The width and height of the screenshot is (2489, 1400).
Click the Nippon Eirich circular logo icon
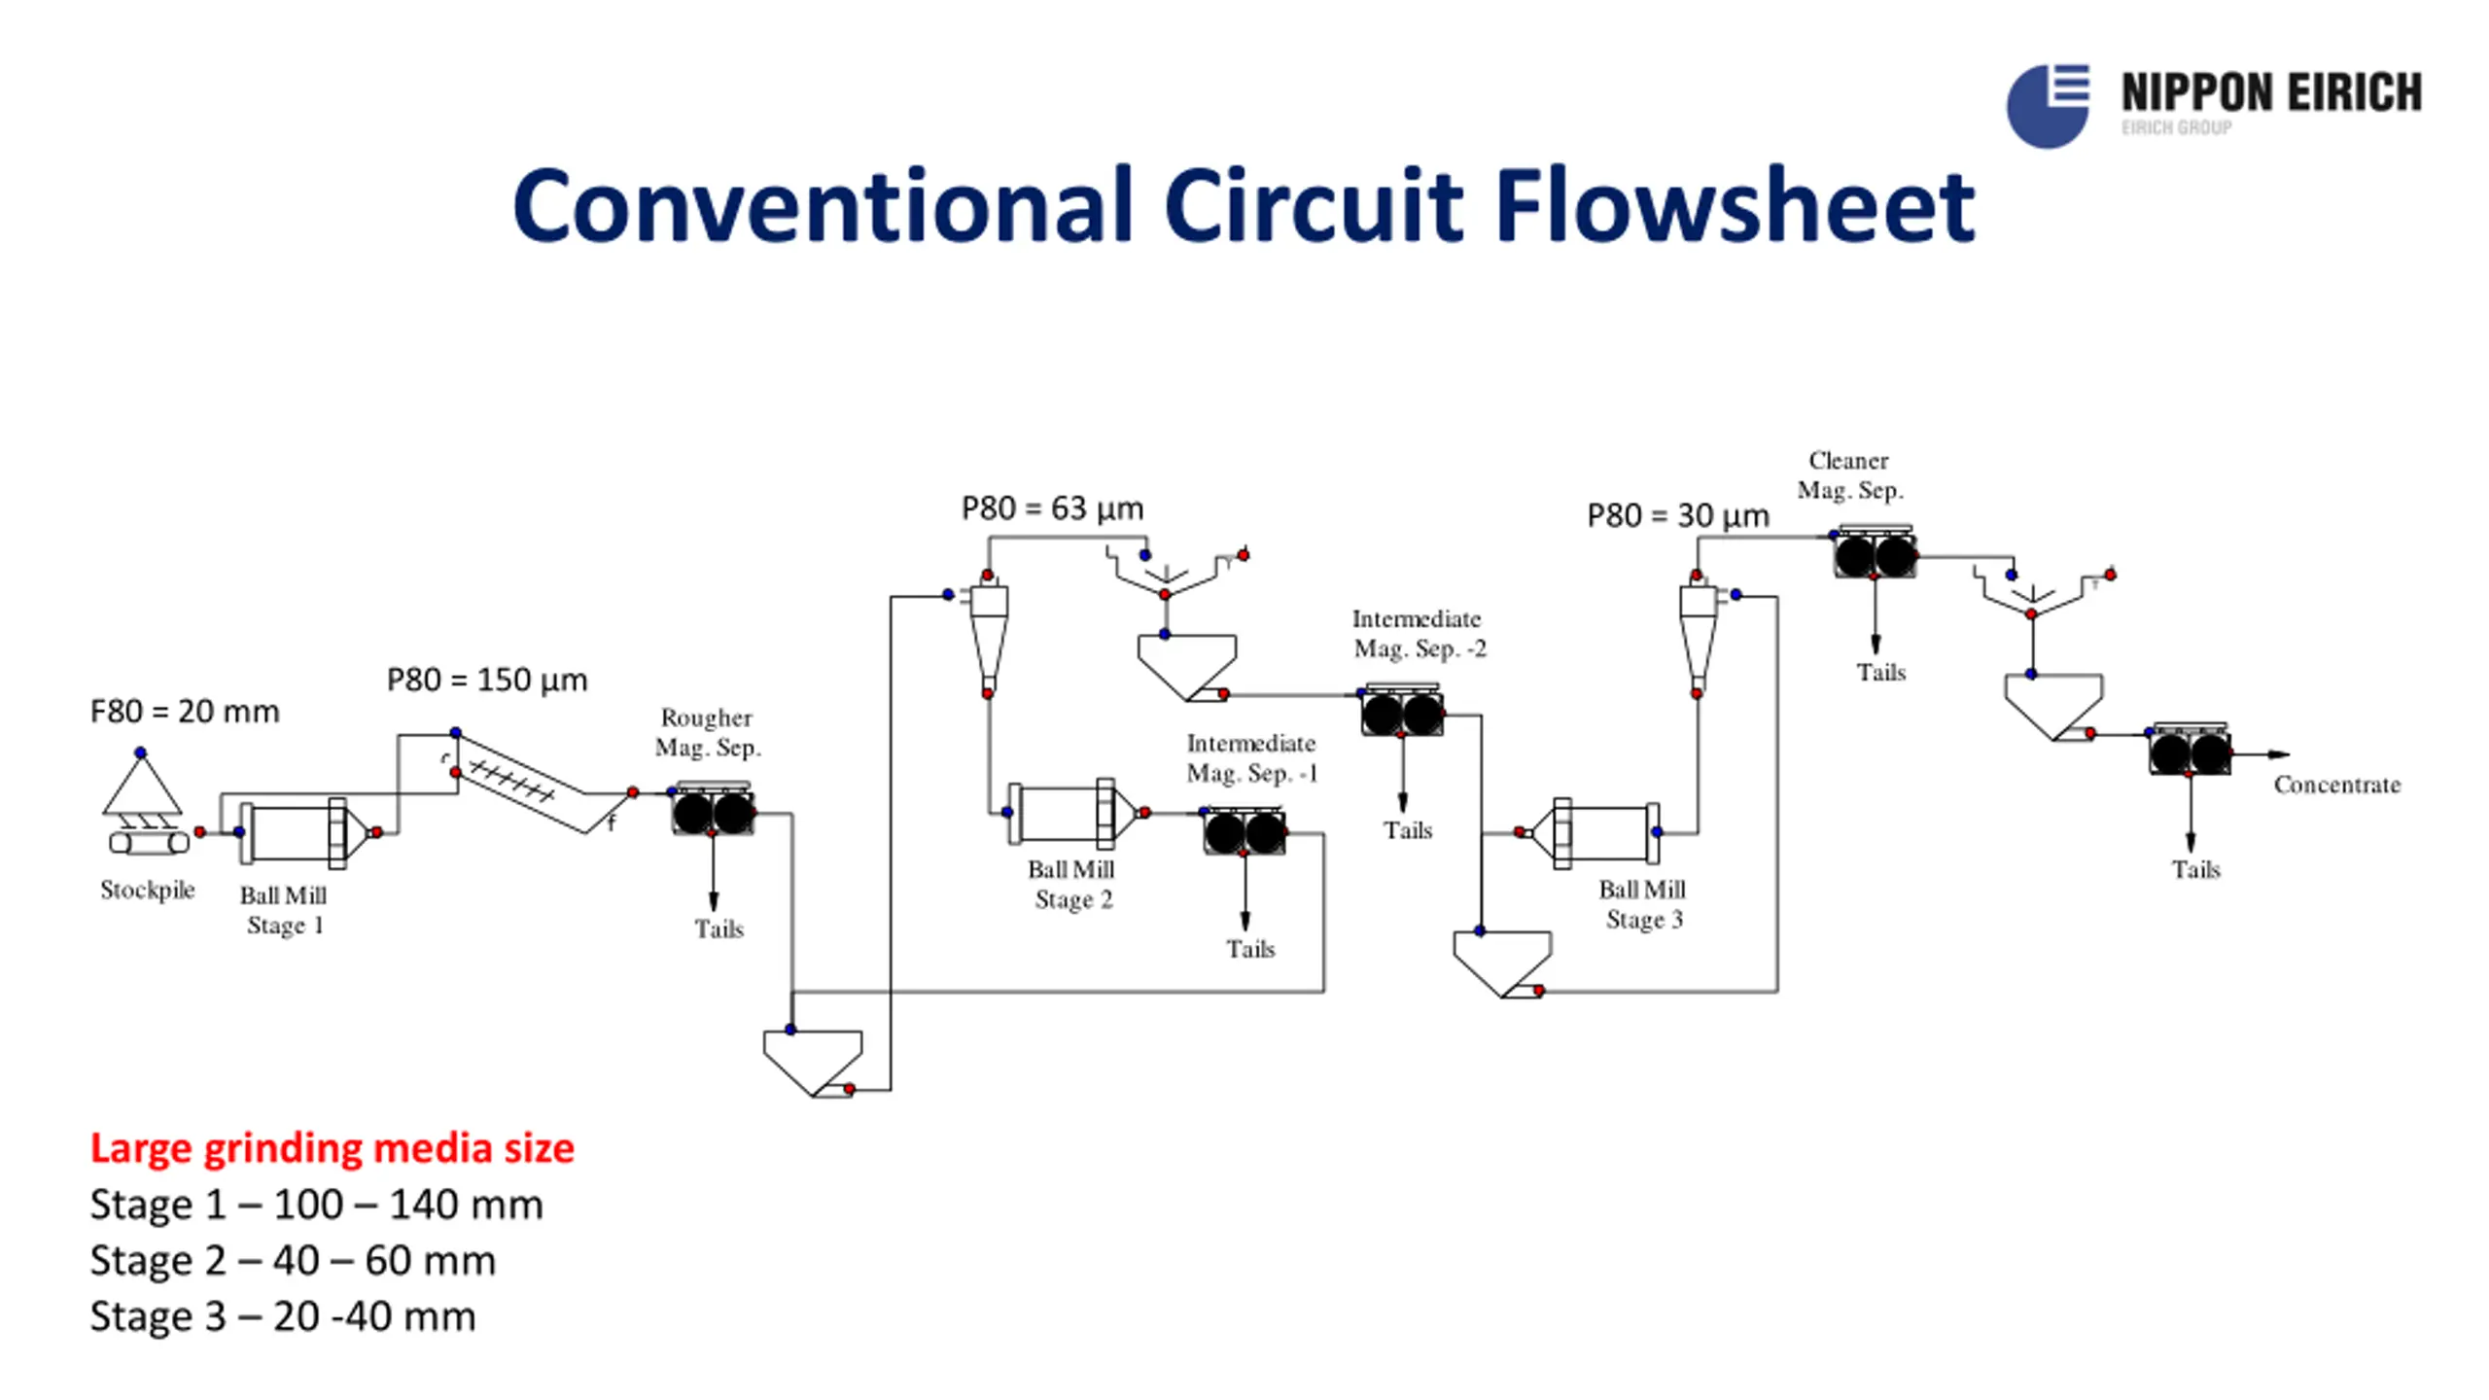click(x=2048, y=106)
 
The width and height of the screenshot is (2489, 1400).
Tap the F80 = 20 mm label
click(x=185, y=712)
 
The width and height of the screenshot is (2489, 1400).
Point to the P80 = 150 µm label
click(x=487, y=680)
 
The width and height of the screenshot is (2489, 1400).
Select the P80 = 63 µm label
click(x=1053, y=508)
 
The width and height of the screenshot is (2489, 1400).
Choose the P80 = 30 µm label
click(x=1678, y=515)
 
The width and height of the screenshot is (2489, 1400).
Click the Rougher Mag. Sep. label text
click(x=708, y=732)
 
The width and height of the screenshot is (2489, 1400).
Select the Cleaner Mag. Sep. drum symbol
click(x=1875, y=555)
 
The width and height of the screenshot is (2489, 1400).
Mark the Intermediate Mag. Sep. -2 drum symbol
click(x=1402, y=713)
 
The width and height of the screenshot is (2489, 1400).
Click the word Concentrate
click(x=2337, y=785)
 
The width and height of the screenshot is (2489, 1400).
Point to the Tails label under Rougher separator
click(x=719, y=929)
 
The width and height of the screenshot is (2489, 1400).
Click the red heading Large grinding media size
click(x=333, y=1149)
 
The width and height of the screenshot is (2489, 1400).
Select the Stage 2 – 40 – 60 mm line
click(x=293, y=1261)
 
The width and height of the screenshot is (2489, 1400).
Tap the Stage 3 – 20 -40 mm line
click(x=283, y=1316)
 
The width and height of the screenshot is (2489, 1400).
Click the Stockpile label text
click(x=148, y=891)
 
